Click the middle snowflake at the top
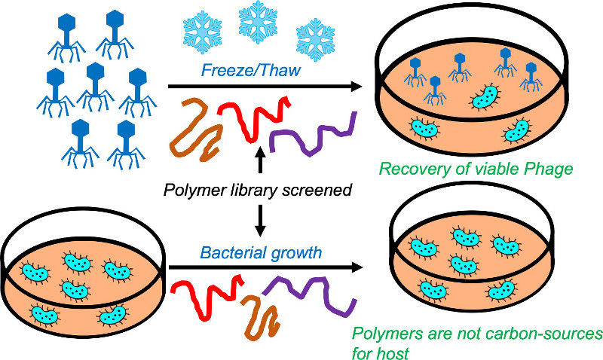point(259,21)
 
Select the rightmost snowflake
point(315,37)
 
